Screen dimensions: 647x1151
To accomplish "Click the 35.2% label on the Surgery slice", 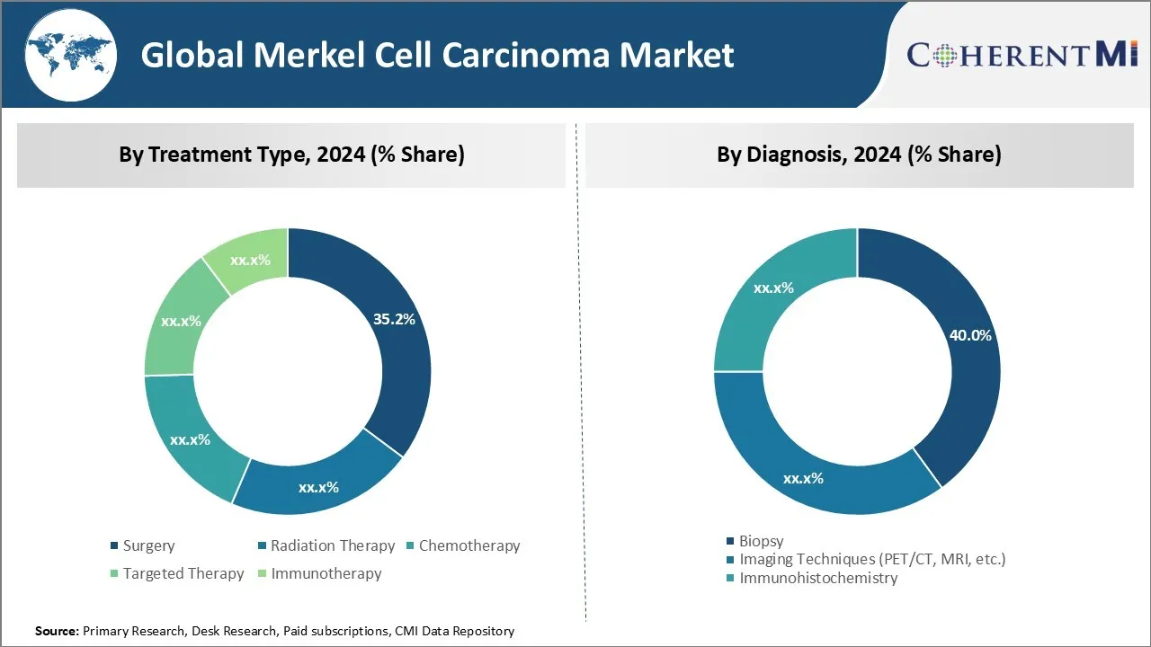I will [393, 319].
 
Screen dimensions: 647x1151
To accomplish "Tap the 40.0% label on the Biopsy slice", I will [970, 335].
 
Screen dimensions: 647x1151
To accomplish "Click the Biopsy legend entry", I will [761, 541].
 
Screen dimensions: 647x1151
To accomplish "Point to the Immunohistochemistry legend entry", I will [817, 578].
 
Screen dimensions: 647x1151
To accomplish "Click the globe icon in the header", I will [70, 56].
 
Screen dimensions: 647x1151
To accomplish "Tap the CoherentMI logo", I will [1022, 55].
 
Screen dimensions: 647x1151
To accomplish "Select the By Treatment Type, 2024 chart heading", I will [291, 155].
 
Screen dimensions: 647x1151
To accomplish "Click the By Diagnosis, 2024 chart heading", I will [859, 155].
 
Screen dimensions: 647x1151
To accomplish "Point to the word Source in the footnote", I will [56, 632].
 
